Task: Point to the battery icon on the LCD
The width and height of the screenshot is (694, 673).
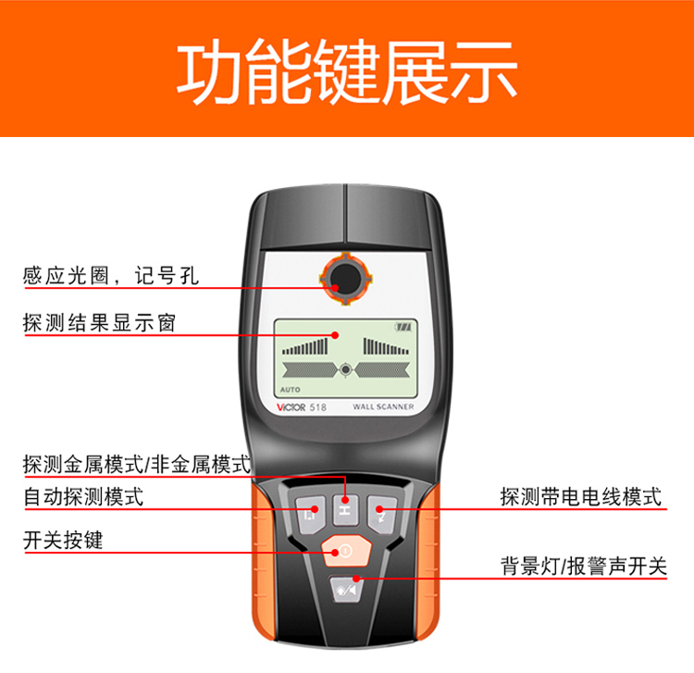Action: tap(402, 327)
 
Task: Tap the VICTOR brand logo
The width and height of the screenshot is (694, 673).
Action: tap(297, 406)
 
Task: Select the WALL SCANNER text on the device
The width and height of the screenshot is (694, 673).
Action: tap(383, 406)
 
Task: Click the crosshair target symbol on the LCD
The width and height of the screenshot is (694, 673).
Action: tap(346, 368)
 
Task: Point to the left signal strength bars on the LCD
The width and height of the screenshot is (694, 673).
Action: tap(305, 347)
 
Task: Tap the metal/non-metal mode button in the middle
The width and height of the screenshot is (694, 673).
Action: tap(345, 509)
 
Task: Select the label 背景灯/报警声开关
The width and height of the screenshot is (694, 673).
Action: tap(583, 567)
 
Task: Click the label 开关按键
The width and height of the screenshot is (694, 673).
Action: tap(63, 542)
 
